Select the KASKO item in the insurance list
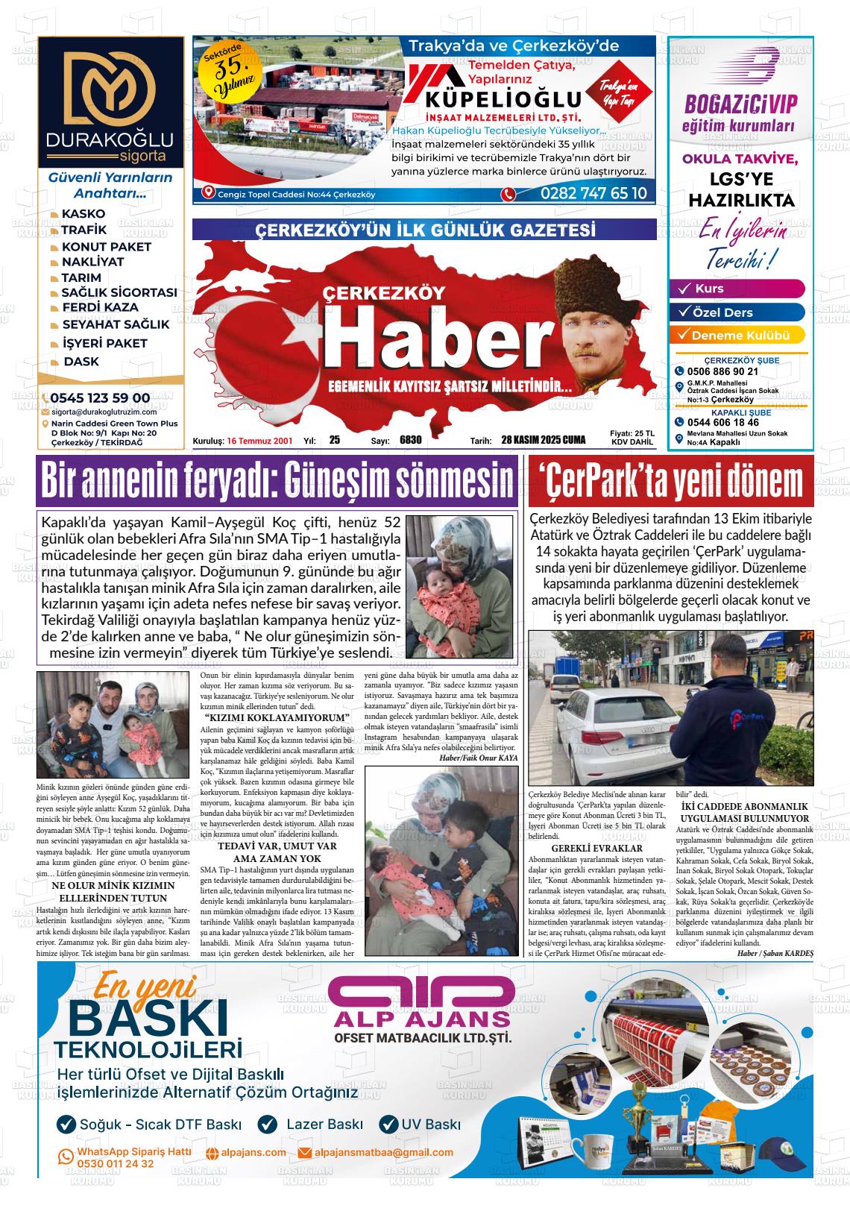pos(83,214)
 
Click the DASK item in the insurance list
pos(81,362)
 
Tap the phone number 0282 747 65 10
pos(593,194)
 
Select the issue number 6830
pos(411,440)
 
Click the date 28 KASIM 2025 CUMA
pos(544,440)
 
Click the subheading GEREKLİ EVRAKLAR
pos(596,848)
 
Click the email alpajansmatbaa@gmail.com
pos(383,1152)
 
